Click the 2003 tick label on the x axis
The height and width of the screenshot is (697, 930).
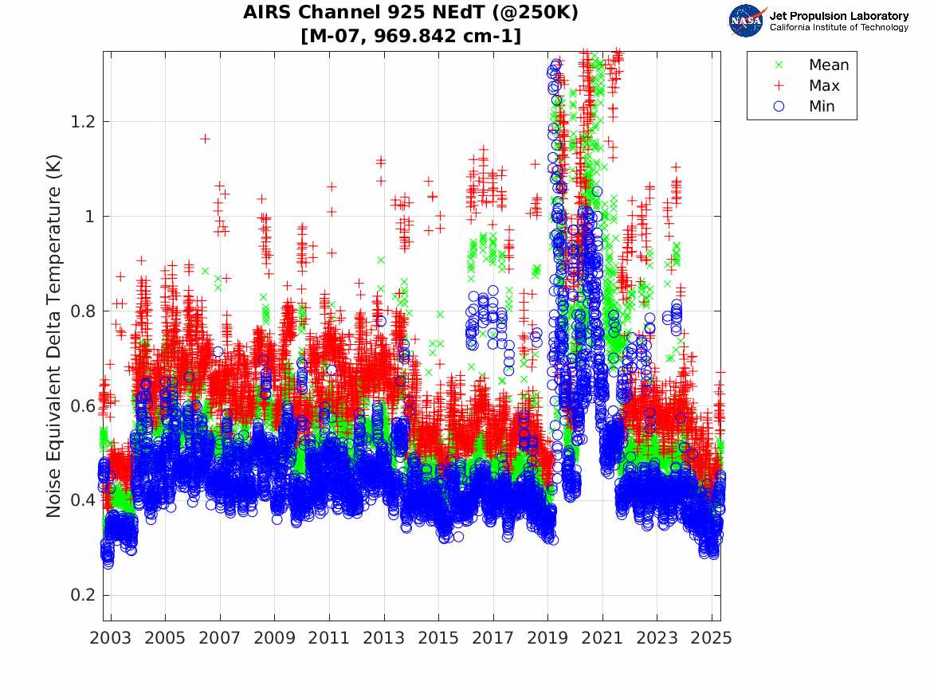(111, 637)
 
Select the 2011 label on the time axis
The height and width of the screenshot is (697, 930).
(329, 637)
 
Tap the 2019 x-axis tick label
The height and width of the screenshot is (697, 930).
(547, 637)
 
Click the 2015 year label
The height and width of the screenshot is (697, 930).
(438, 637)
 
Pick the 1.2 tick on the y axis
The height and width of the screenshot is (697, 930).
(82, 122)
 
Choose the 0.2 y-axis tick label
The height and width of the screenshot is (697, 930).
(82, 595)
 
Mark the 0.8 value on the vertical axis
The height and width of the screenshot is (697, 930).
(82, 311)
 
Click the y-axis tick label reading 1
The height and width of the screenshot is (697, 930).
(89, 217)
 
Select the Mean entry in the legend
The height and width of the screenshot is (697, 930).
(829, 65)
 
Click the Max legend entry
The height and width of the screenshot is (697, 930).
(824, 86)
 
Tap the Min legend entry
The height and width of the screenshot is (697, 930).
(822, 107)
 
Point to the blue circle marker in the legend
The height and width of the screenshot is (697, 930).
(779, 107)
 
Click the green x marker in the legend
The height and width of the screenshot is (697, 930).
(779, 65)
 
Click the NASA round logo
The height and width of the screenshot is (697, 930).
(747, 21)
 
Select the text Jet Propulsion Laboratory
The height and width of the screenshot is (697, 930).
(838, 16)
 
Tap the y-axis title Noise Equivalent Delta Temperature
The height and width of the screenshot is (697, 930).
(53, 335)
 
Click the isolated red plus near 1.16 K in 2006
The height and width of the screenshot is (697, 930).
(205, 139)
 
